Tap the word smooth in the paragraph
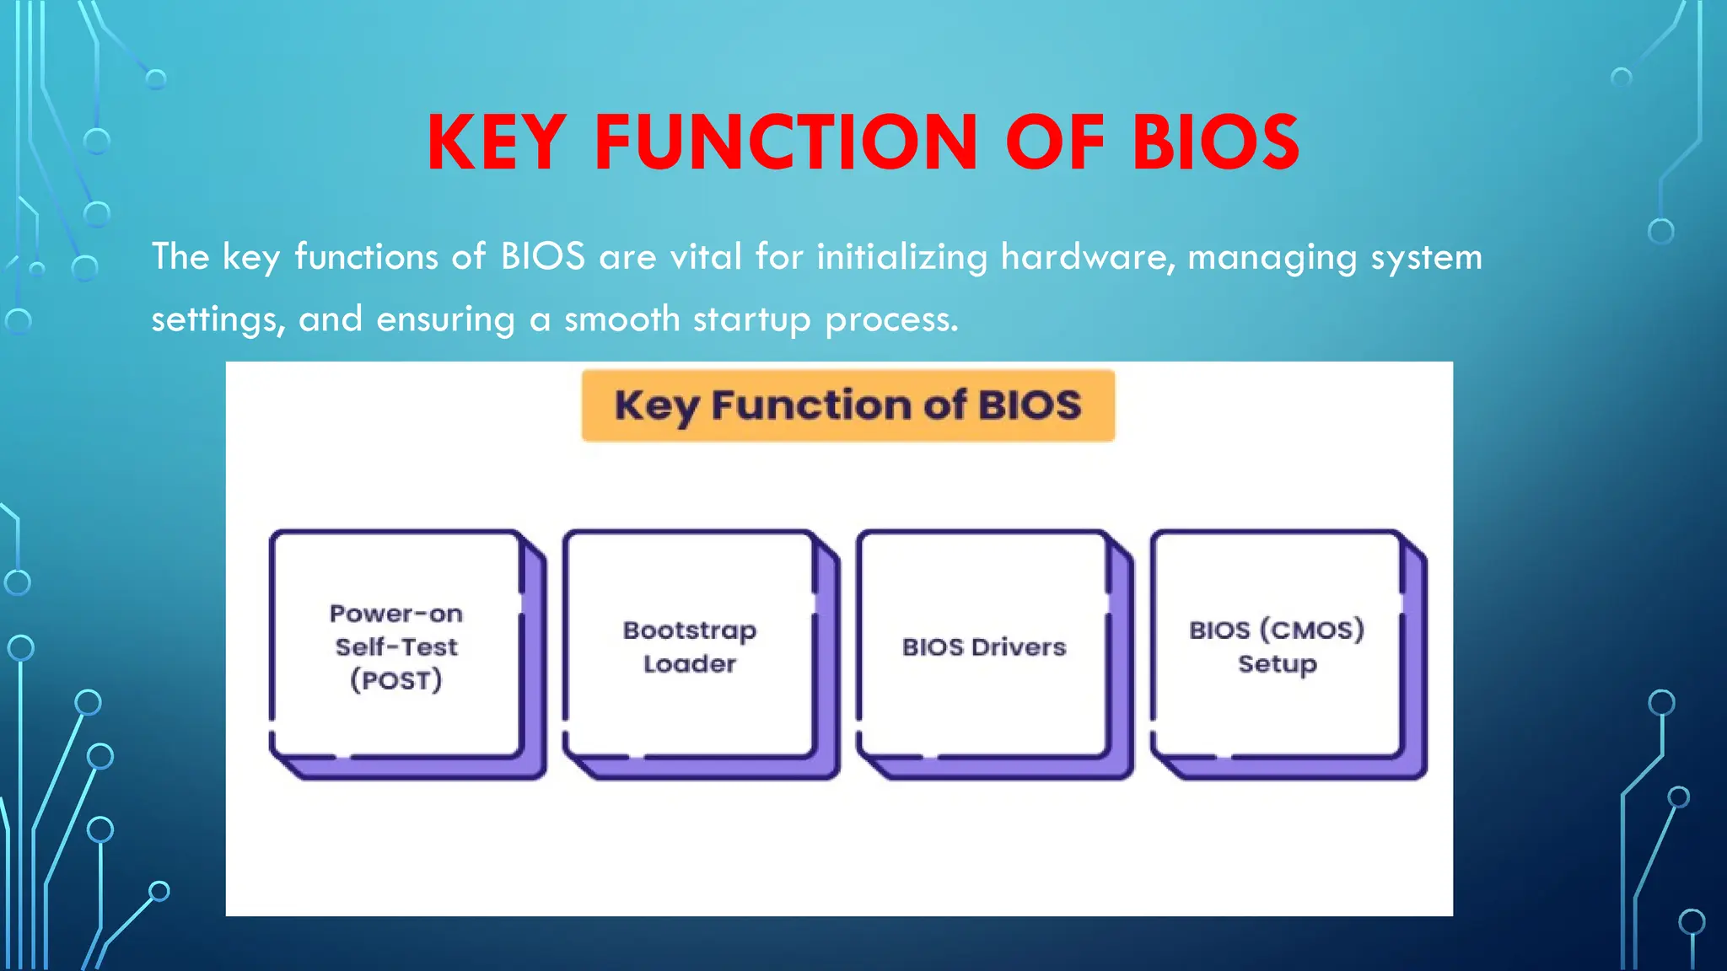(x=622, y=319)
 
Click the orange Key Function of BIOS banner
(x=847, y=405)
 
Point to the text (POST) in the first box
(x=396, y=679)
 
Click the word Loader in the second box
(x=690, y=663)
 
